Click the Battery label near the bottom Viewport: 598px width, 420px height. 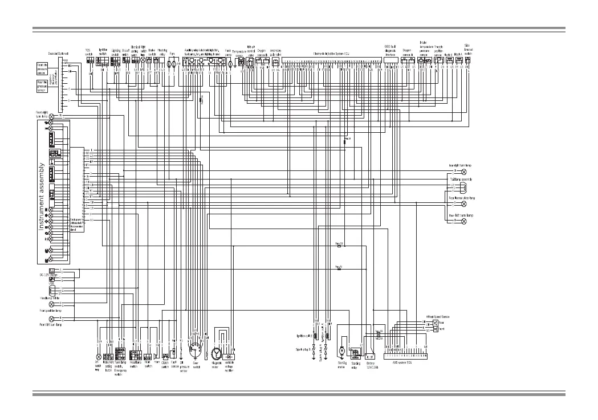(371, 364)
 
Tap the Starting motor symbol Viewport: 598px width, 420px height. (342, 350)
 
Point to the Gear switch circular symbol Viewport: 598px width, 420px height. (196, 348)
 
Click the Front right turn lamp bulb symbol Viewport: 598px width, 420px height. (52, 116)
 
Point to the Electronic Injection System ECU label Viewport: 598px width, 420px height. (331, 53)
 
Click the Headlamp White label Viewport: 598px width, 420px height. (50, 297)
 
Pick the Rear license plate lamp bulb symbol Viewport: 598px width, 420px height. (463, 203)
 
